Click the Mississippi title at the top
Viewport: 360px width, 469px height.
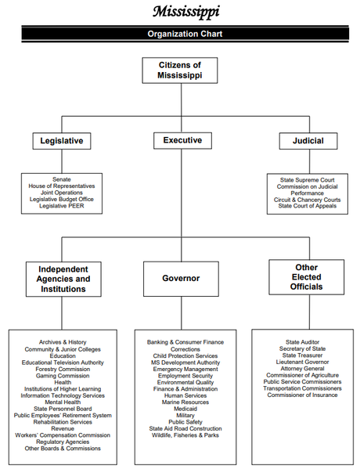click(186, 12)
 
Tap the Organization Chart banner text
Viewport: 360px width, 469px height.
click(185, 34)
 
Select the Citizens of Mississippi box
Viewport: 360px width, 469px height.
click(180, 70)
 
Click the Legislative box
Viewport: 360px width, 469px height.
click(62, 141)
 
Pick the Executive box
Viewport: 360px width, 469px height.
click(182, 140)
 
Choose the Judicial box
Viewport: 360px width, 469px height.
click(308, 141)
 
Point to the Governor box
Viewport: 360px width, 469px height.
click(181, 279)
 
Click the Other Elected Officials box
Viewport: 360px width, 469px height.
click(307, 277)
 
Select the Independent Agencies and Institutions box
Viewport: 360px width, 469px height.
click(63, 279)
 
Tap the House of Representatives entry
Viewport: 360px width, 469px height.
click(62, 186)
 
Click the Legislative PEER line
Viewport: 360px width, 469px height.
click(62, 206)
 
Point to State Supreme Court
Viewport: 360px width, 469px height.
click(307, 180)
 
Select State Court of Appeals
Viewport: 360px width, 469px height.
click(307, 206)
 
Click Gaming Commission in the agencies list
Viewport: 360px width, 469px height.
click(63, 376)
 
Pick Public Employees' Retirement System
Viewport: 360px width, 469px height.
click(63, 416)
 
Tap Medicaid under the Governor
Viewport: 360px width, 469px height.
click(185, 409)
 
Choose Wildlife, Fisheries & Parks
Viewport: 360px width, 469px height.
click(185, 435)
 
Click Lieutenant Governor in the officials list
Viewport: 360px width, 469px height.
click(302, 362)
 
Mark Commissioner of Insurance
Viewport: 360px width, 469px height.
click(302, 395)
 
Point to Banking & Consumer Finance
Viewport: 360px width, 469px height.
click(185, 342)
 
